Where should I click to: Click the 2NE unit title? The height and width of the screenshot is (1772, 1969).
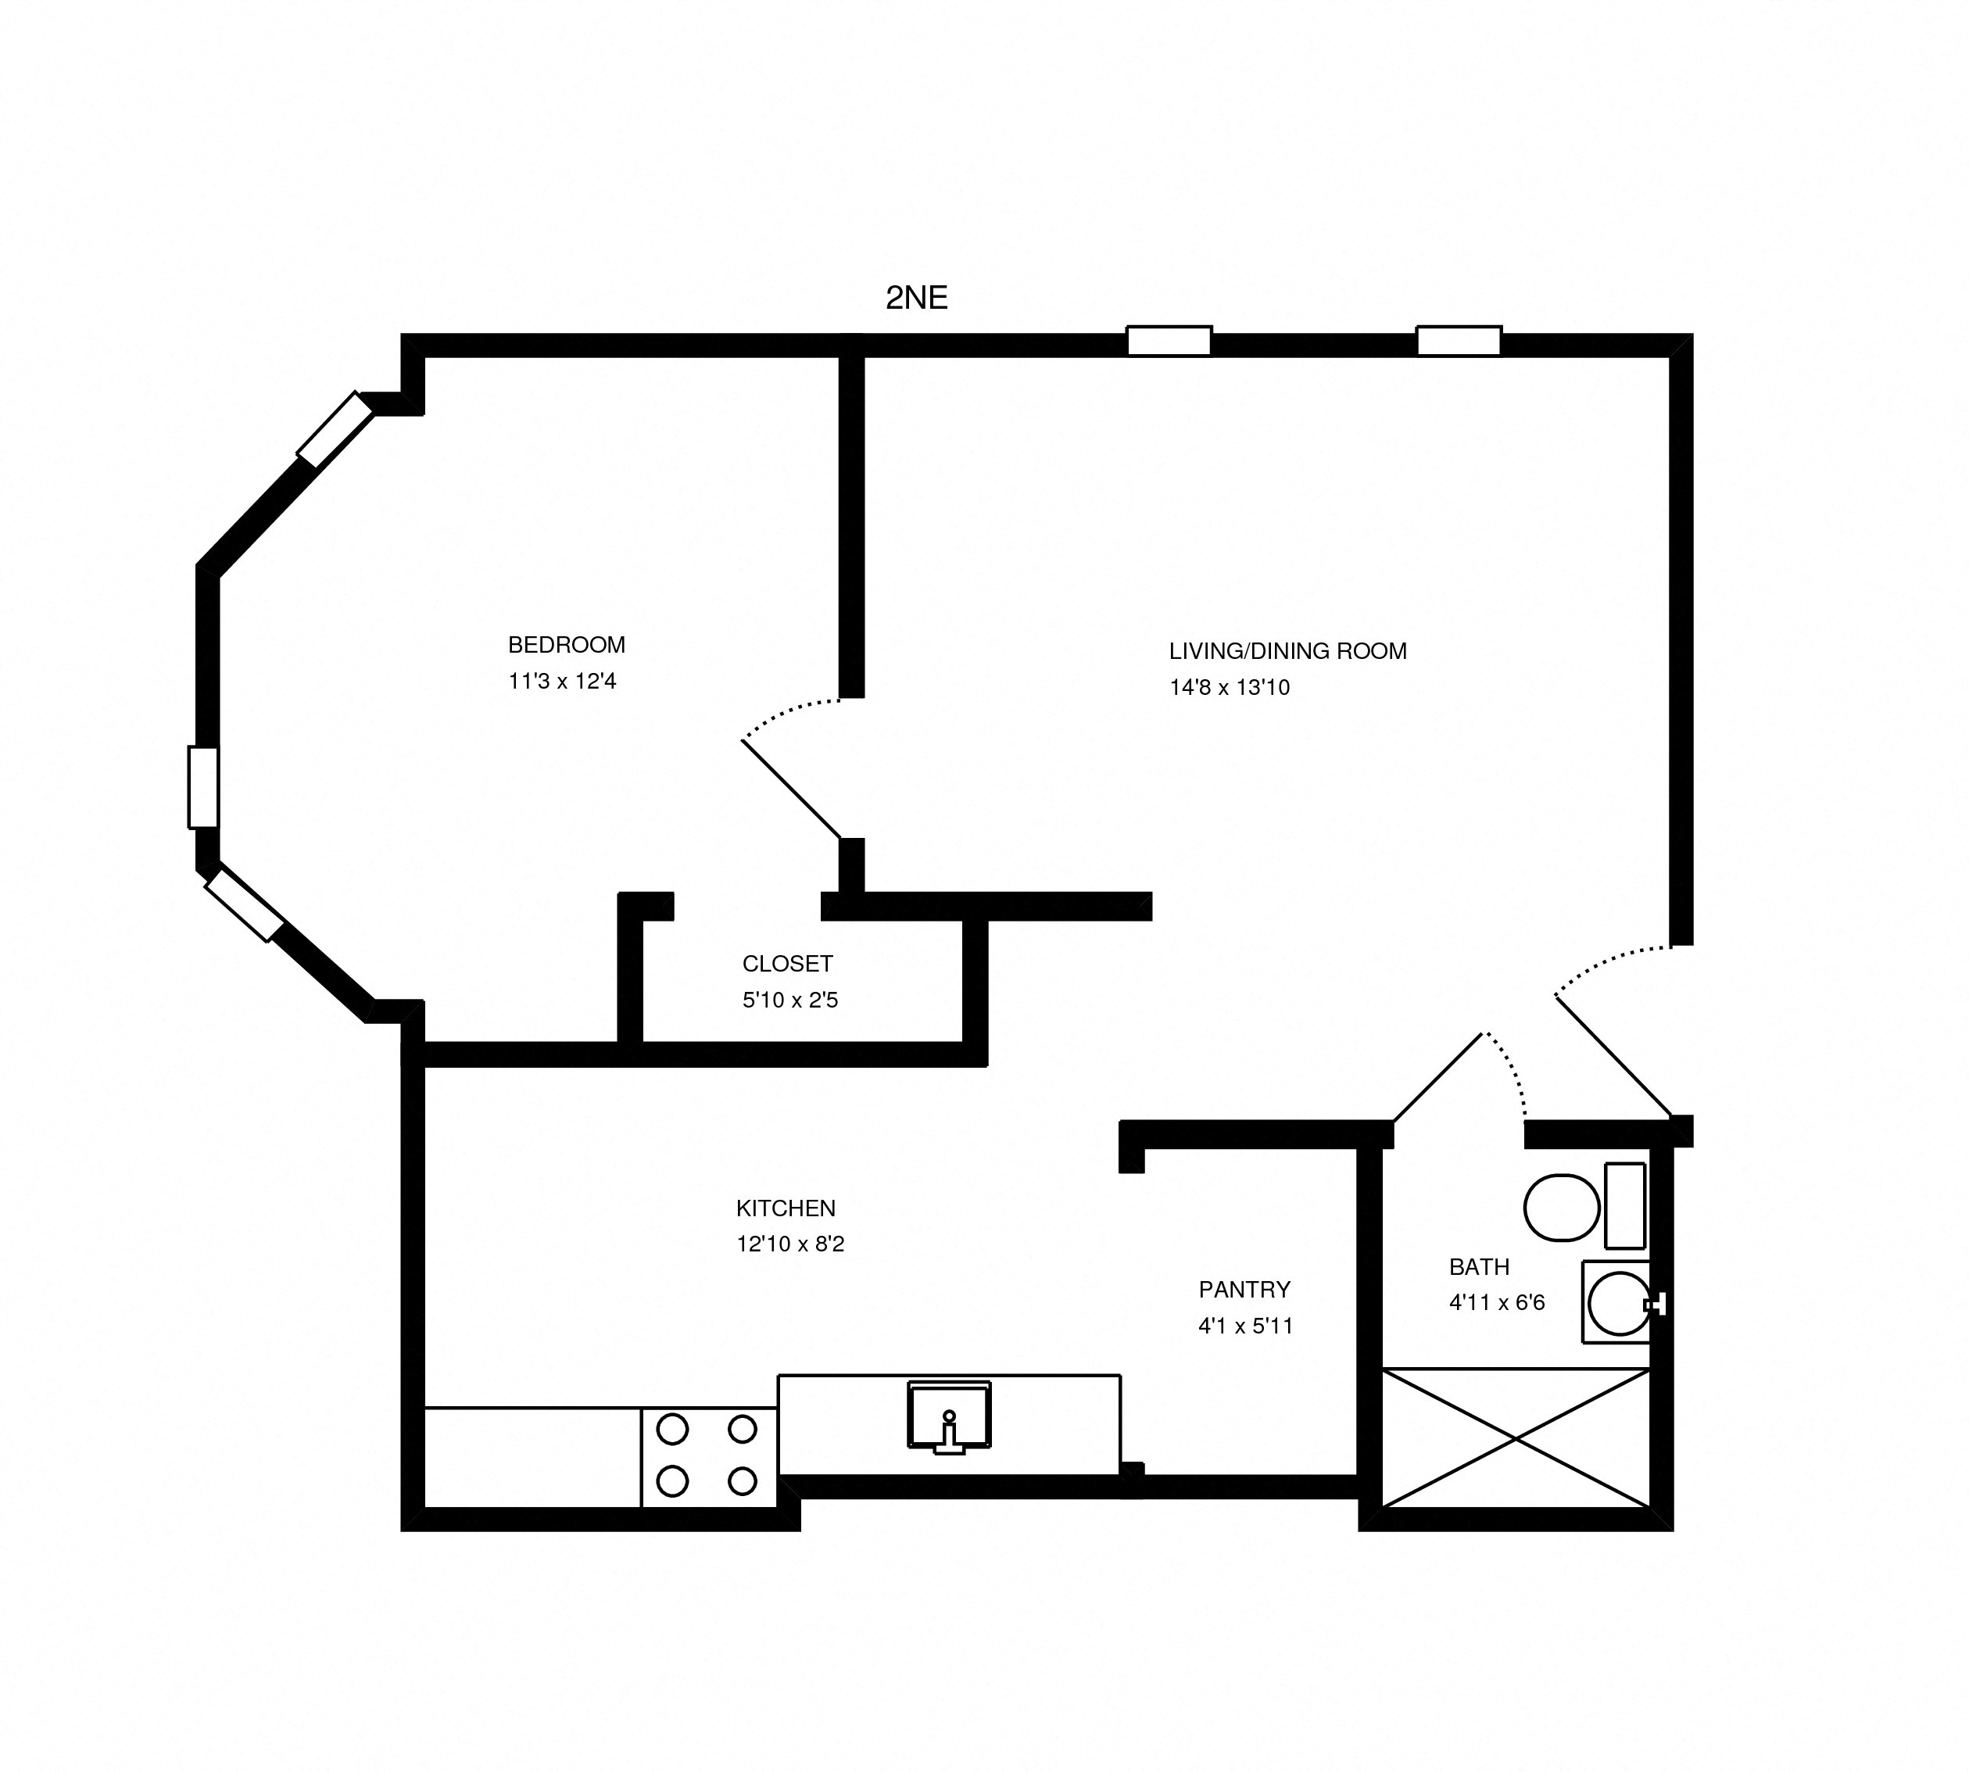click(x=915, y=298)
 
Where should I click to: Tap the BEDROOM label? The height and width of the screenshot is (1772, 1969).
click(x=566, y=645)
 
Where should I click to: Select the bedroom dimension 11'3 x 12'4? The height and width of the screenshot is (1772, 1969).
click(x=562, y=682)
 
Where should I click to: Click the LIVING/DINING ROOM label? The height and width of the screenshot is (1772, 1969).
click(x=1287, y=651)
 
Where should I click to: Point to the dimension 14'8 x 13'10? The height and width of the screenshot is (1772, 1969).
click(x=1229, y=687)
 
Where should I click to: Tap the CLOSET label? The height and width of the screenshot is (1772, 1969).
click(x=787, y=964)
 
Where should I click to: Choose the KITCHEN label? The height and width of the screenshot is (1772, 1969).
click(x=785, y=1208)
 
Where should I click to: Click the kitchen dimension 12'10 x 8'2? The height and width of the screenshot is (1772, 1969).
click(x=789, y=1244)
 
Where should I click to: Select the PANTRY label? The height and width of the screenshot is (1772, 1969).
click(x=1244, y=1290)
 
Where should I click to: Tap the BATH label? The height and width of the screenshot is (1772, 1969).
click(x=1478, y=1267)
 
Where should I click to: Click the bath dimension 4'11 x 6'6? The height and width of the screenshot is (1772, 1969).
click(x=1497, y=1303)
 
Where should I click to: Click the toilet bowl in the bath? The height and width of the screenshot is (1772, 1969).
click(x=1561, y=1208)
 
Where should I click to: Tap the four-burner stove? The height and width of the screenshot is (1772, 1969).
click(x=708, y=1455)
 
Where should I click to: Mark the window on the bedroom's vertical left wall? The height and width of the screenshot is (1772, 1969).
click(x=202, y=786)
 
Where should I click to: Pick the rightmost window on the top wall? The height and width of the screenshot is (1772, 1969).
click(x=1458, y=341)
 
